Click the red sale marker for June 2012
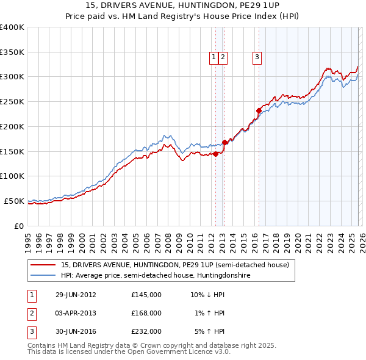click(215, 154)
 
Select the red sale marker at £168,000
click(224, 142)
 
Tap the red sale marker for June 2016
click(259, 110)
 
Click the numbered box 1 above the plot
click(214, 57)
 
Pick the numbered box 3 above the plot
click(257, 57)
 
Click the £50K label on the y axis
click(14, 201)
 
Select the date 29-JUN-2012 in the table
click(76, 294)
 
